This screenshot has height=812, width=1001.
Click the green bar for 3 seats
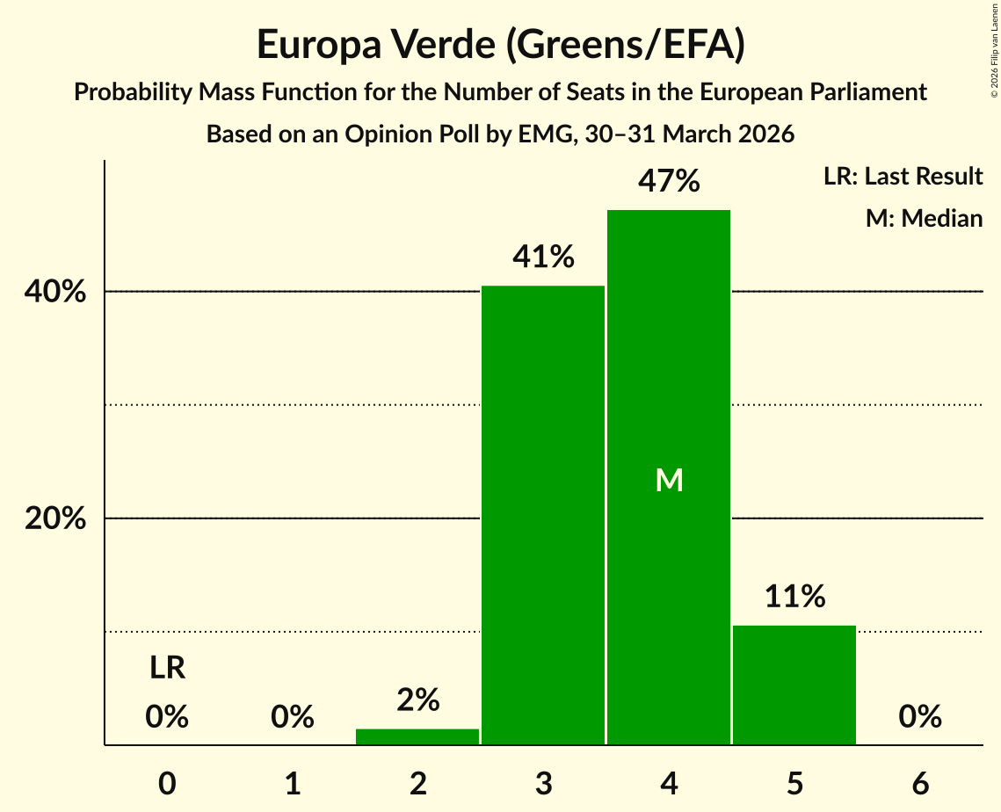point(543,515)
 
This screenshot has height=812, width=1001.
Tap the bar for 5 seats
point(794,685)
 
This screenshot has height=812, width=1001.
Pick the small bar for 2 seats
point(417,736)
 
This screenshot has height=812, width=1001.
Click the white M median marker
point(669,480)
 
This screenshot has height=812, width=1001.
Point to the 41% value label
point(543,257)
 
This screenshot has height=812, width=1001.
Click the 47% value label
point(669,182)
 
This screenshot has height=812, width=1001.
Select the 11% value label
point(794,597)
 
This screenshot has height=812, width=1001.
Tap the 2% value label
point(417,700)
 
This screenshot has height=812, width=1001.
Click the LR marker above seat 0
point(167,668)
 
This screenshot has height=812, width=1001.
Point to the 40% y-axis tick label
point(55,292)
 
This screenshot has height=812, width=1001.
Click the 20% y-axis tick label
point(55,518)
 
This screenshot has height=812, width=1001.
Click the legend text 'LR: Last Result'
point(903,177)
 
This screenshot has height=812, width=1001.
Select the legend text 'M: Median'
point(924,218)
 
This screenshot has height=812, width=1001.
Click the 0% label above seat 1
point(293,717)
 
